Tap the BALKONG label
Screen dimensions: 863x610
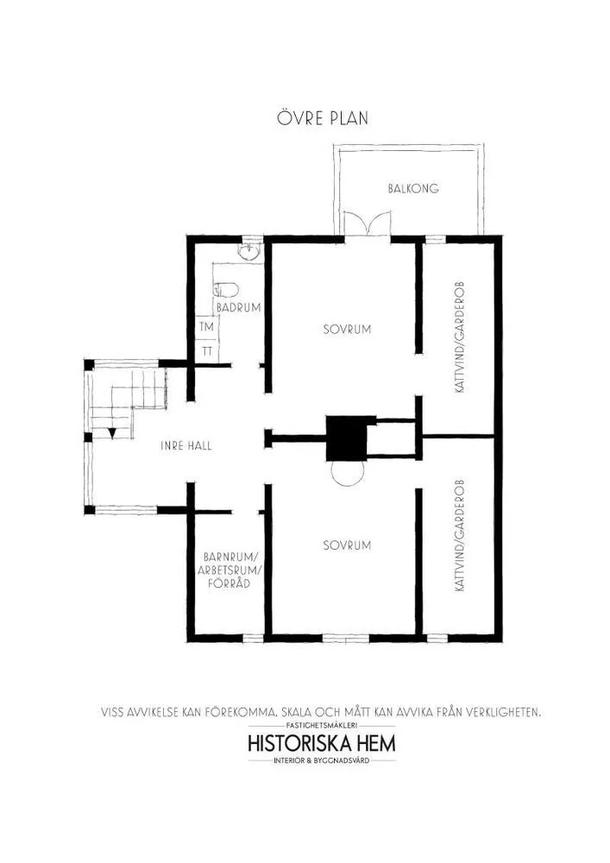click(x=412, y=188)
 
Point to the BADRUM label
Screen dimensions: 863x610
click(x=238, y=307)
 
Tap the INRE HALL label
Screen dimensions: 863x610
click(x=186, y=446)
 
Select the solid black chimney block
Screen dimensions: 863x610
click(x=349, y=438)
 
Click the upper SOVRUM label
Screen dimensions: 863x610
click(x=347, y=329)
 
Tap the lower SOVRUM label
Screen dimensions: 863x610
click(x=347, y=545)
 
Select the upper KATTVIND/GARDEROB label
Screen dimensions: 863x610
click(x=461, y=337)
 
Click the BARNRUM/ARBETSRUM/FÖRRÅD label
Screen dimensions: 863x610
click(x=231, y=570)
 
